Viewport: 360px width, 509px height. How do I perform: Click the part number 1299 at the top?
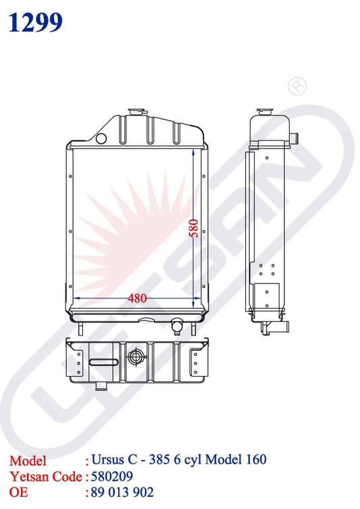click(36, 22)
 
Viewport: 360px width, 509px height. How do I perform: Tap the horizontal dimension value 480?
click(138, 298)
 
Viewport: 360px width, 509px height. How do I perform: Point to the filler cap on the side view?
click(263, 110)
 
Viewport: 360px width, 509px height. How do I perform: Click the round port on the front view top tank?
click(102, 138)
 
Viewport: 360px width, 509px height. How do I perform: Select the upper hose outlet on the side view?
click(296, 138)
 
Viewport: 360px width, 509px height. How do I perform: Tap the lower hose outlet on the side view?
click(277, 328)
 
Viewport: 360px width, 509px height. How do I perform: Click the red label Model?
click(28, 460)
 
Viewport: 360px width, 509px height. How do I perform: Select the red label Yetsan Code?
click(45, 476)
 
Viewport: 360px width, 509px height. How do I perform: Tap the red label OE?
click(18, 491)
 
